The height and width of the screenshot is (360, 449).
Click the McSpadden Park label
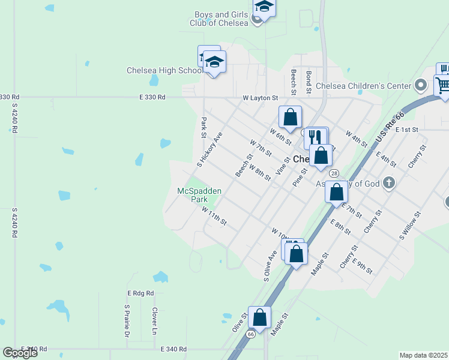tap(199, 195)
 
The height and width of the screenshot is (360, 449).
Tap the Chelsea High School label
tap(164, 70)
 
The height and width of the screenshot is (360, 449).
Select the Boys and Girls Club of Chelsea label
tap(220, 19)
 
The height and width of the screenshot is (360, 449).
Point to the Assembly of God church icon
tap(388, 182)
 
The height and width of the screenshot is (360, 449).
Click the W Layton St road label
tap(261, 97)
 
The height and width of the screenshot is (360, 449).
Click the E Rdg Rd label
tap(140, 293)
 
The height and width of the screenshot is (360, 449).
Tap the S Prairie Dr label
tap(127, 321)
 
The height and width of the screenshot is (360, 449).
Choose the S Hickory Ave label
tap(209, 148)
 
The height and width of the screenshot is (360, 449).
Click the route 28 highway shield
tap(333, 173)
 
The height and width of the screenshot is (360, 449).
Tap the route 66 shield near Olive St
tap(250, 334)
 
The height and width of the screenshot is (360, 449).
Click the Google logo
tap(20, 352)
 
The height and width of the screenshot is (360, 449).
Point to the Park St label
tap(203, 126)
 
